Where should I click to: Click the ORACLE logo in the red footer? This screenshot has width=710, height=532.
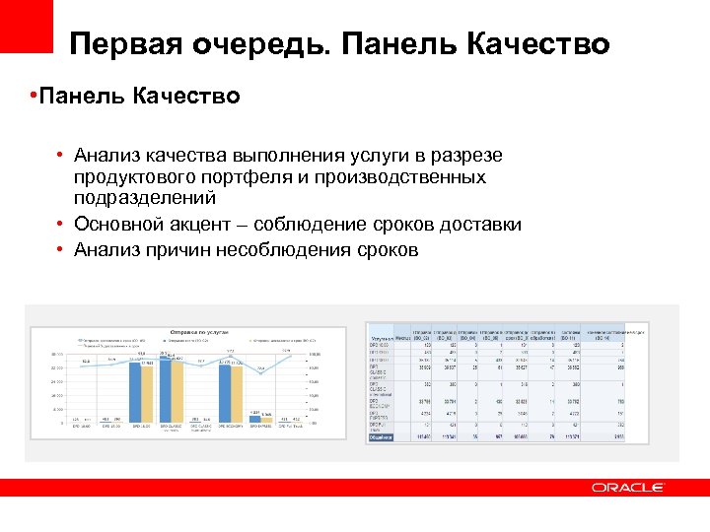click(x=627, y=487)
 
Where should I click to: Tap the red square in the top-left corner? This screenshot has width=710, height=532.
click(x=27, y=25)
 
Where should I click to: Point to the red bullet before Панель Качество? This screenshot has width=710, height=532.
click(x=33, y=96)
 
